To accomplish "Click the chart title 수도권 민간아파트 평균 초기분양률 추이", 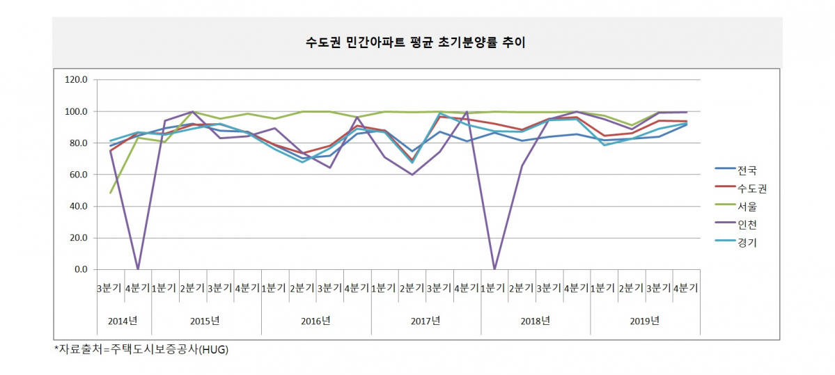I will [x=416, y=42].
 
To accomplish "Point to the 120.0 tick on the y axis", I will [x=77, y=80].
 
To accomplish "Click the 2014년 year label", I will [x=123, y=321].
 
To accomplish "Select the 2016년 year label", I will [x=315, y=321].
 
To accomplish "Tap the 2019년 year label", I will [x=645, y=321].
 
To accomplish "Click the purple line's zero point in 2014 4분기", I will [x=138, y=269].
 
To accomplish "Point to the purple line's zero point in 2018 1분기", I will [x=494, y=269].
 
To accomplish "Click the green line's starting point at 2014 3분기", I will [x=111, y=193].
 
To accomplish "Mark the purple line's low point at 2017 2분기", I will [x=412, y=175].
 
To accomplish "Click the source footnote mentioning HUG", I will [x=141, y=350].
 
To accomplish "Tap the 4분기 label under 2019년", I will [x=687, y=287].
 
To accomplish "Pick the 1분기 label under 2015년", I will [x=165, y=287].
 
